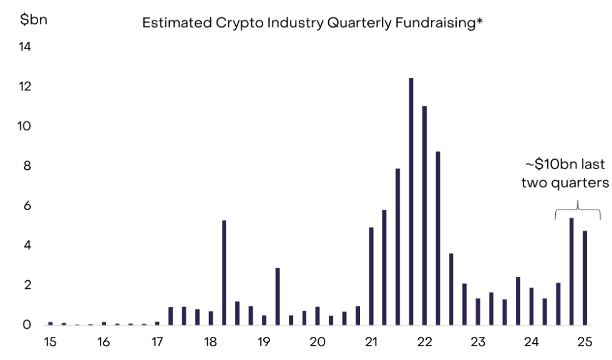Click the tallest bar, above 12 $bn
pyautogui.click(x=411, y=202)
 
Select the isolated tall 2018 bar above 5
pyautogui.click(x=224, y=273)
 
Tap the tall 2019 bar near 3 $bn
pyautogui.click(x=278, y=296)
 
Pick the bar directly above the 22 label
pyautogui.click(x=424, y=215)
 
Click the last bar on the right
pyautogui.click(x=585, y=278)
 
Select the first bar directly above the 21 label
pyautogui.click(x=371, y=276)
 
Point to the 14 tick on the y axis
pyautogui.click(x=24, y=47)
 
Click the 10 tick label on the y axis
pyautogui.click(x=24, y=126)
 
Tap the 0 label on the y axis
pyautogui.click(x=27, y=324)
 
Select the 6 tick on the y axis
pyautogui.click(x=27, y=205)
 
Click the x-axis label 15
pyautogui.click(x=50, y=342)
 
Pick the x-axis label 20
pyautogui.click(x=318, y=342)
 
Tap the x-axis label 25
pyautogui.click(x=585, y=342)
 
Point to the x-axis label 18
pyautogui.click(x=210, y=342)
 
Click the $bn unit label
pyautogui.click(x=34, y=19)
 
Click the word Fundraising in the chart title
pyautogui.click(x=436, y=23)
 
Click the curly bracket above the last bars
pyautogui.click(x=578, y=210)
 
